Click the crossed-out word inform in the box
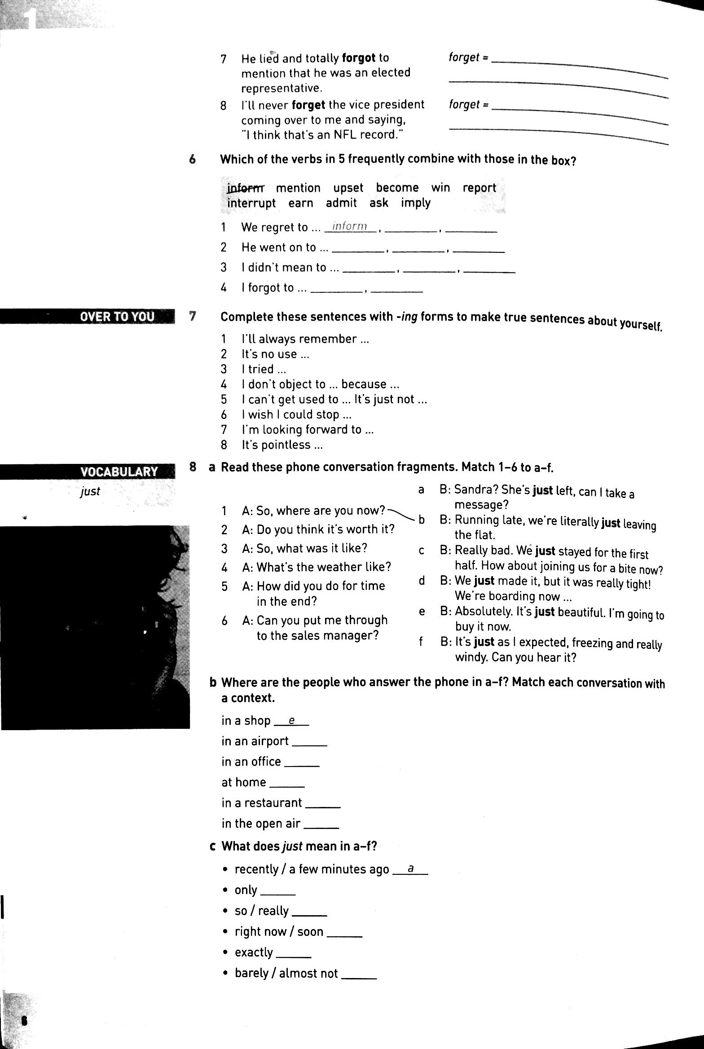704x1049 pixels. click(246, 188)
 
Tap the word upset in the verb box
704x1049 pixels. click(348, 188)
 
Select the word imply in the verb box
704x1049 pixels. click(416, 203)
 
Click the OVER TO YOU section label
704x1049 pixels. click(117, 317)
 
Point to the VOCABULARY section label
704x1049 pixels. click(119, 472)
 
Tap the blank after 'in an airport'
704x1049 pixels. click(309, 742)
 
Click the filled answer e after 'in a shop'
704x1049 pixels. click(291, 721)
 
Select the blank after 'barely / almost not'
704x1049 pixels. click(359, 974)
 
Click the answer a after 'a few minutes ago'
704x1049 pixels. click(410, 869)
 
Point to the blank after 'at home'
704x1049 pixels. click(287, 784)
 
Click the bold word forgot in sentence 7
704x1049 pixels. click(358, 58)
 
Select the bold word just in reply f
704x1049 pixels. click(484, 642)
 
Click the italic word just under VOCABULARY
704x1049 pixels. click(90, 492)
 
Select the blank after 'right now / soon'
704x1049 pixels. click(344, 933)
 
